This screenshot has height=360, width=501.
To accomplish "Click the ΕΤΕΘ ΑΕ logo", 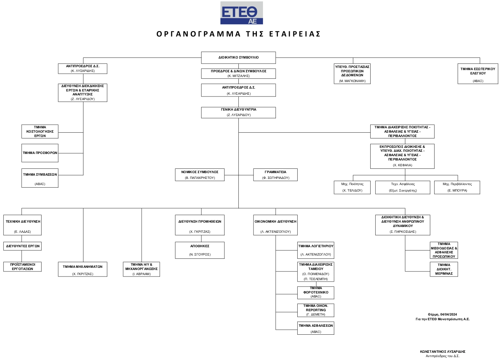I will click(241, 13).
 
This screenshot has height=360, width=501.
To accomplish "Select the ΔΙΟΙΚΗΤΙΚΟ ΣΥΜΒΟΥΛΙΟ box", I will click(238, 57).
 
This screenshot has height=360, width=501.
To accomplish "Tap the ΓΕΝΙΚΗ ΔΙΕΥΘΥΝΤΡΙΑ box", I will click(238, 112).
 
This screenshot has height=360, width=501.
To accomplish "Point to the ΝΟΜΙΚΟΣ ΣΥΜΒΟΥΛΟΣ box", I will click(200, 175).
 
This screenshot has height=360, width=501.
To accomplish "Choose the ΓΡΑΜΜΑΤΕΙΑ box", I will click(276, 175).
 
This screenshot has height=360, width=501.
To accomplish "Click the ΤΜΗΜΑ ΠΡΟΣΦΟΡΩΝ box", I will click(40, 153).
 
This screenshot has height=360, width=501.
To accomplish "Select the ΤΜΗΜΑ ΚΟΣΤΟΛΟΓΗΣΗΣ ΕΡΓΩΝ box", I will click(40, 132).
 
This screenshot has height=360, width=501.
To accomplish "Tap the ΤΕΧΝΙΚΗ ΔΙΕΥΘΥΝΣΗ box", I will click(23, 226).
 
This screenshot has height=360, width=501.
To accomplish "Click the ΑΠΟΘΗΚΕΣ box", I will click(200, 250).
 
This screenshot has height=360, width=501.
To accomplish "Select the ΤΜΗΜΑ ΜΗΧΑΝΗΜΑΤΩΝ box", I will click(82, 270).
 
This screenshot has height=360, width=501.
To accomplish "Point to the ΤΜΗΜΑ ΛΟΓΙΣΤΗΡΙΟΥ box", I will click(316, 250).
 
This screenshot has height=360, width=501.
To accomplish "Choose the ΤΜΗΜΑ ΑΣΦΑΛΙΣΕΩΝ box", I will click(316, 328).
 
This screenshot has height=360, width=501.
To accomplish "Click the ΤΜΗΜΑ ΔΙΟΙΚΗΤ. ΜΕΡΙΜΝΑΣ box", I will click(444, 269).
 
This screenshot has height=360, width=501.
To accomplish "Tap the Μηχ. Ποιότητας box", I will click(352, 187).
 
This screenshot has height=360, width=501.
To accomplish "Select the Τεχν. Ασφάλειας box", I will click(403, 187).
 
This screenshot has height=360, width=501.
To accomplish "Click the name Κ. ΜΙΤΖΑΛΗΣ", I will click(238, 76).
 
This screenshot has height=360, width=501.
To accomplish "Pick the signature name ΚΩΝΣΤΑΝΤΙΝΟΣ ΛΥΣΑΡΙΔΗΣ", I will click(442, 351).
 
